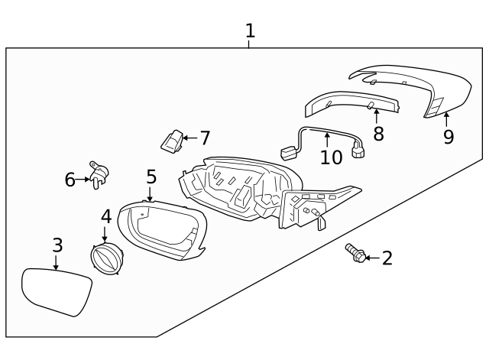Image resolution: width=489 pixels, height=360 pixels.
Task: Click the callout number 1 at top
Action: click(x=250, y=31)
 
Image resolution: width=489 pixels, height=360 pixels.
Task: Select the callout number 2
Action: click(x=387, y=258)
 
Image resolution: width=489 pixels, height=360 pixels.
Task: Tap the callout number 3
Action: click(x=57, y=245)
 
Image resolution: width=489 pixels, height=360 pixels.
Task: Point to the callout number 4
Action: click(x=106, y=216)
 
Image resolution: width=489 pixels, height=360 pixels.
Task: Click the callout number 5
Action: click(x=151, y=177)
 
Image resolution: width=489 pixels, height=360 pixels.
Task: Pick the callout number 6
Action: click(x=70, y=180)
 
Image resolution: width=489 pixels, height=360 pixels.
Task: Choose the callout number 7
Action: click(x=204, y=138)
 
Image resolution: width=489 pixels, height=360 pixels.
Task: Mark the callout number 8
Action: click(x=378, y=135)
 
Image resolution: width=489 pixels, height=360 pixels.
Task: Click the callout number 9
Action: click(x=449, y=137)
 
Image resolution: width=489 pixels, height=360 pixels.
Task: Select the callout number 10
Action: click(x=332, y=157)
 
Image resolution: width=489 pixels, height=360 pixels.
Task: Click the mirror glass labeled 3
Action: click(x=56, y=291)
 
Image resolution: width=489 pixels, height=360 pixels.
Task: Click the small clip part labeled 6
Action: click(x=97, y=174)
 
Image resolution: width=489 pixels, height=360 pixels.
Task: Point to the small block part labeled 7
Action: click(x=172, y=140)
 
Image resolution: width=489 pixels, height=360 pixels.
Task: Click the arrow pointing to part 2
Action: click(x=371, y=258)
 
